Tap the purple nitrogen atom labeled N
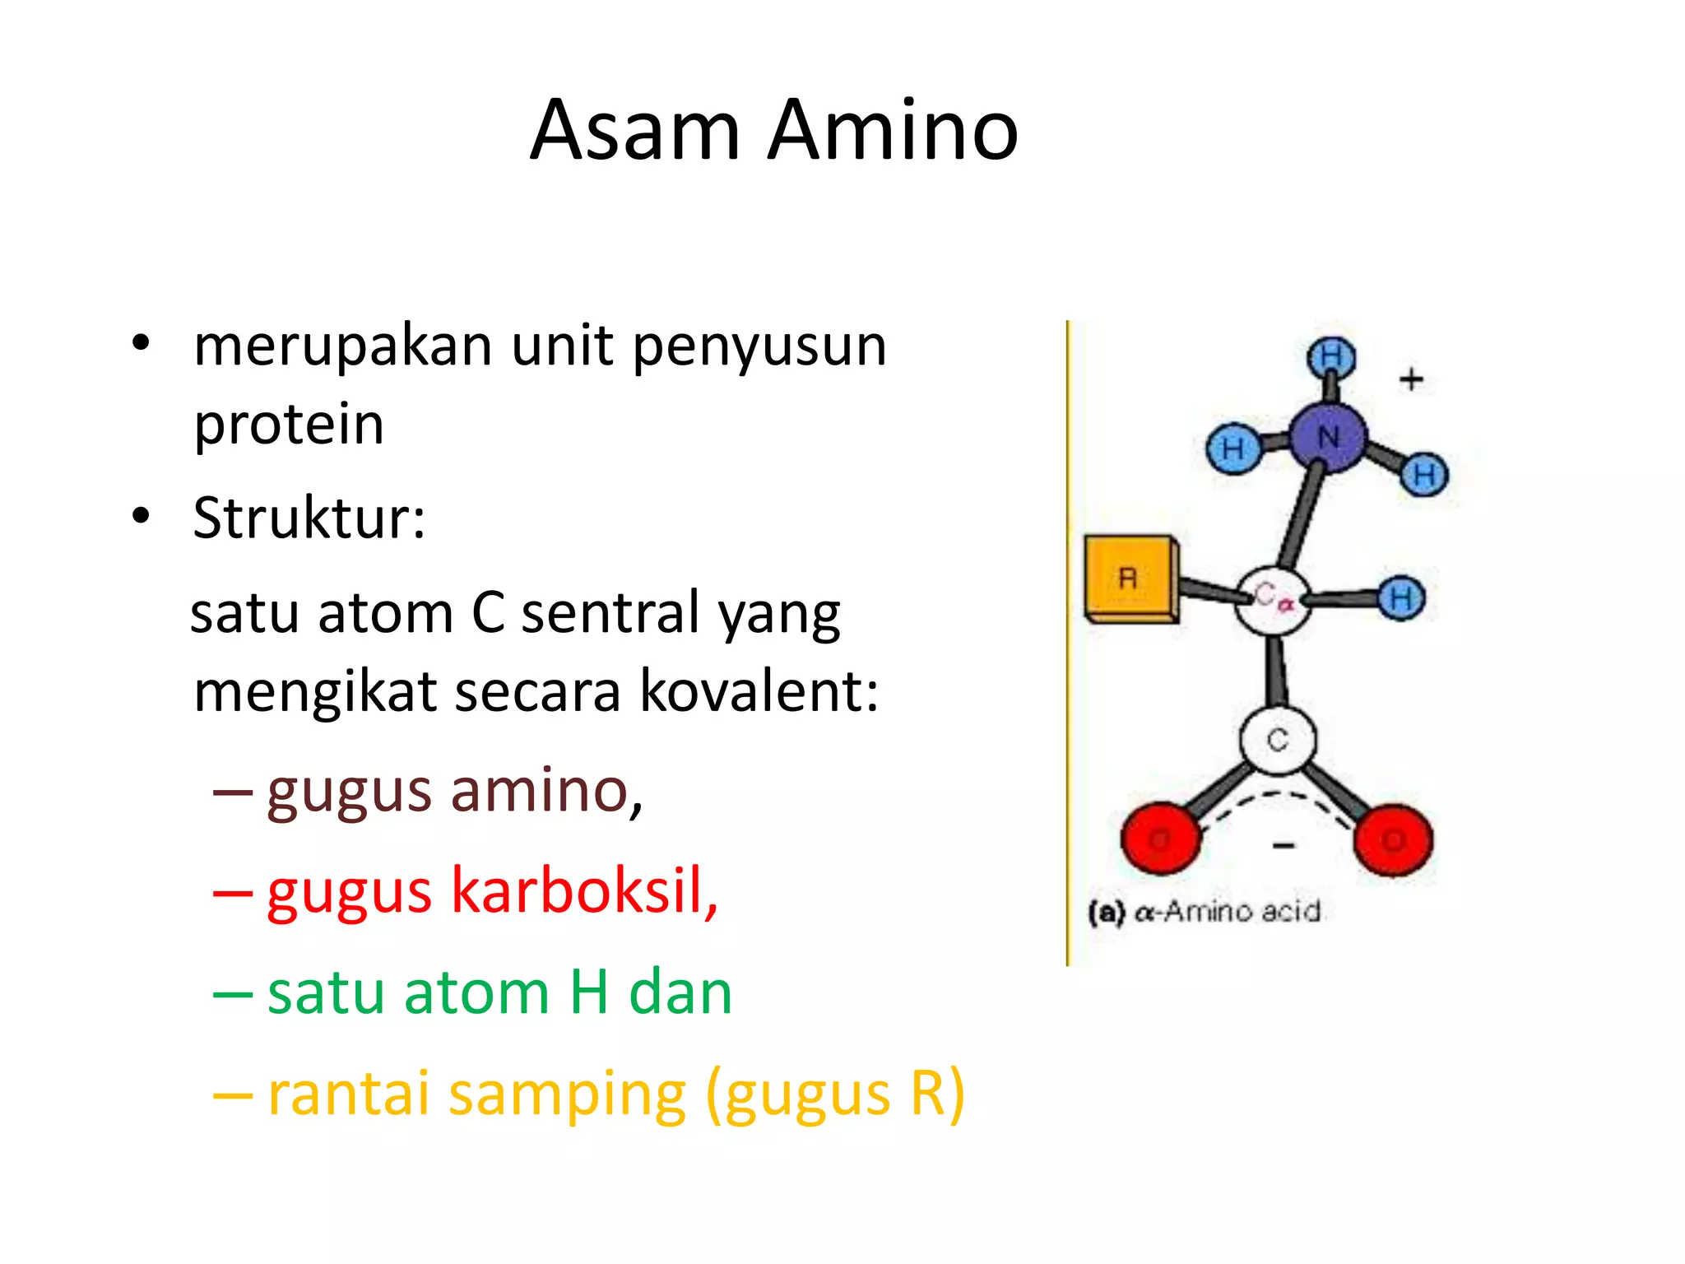pos(1328,437)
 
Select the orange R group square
pos(1128,578)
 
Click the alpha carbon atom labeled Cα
pos(1273,599)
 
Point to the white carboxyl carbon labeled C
pos(1278,740)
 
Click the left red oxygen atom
pos(1160,839)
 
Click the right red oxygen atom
pos(1394,839)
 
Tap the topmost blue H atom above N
pos(1331,357)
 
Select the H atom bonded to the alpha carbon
pos(1402,597)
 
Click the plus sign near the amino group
pos(1411,379)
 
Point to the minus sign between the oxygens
pos(1283,845)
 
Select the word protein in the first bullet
pos(289,425)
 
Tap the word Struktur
pos(309,518)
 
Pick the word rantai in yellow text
pos(349,1094)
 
